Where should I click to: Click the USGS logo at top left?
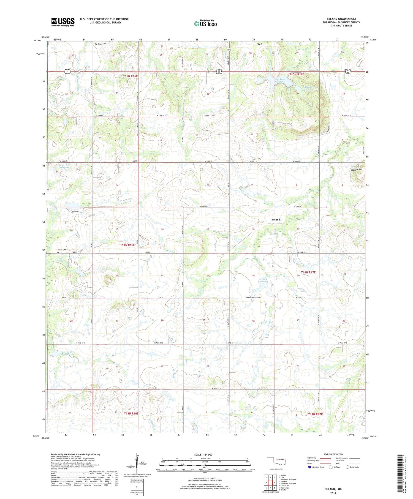tap(63, 22)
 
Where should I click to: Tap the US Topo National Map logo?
tap(205, 23)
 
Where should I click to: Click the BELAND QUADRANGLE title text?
tap(341, 19)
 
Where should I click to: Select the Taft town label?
tap(260, 44)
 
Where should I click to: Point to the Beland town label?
tap(276, 220)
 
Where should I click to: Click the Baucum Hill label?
tap(356, 170)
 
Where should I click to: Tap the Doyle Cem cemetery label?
tap(102, 44)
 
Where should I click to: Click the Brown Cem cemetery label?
tap(62, 250)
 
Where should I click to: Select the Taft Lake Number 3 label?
tap(280, 80)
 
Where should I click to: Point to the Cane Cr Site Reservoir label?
tap(64, 353)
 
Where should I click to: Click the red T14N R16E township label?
tap(127, 245)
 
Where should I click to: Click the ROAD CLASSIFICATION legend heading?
tap(333, 454)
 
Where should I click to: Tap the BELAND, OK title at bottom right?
tap(333, 489)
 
